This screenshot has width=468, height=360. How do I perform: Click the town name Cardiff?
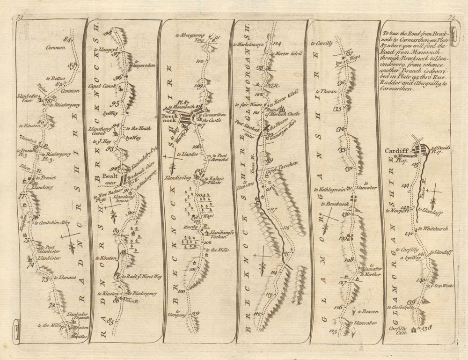(x=395, y=151)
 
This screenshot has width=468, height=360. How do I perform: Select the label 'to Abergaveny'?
(x=190, y=35)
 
